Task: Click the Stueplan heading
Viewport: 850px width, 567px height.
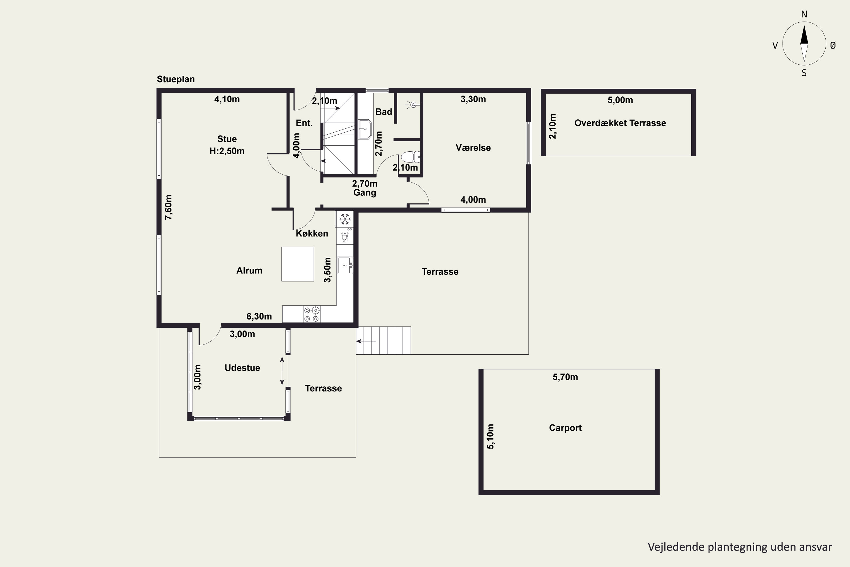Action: click(176, 79)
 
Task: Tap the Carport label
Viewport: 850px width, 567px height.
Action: click(565, 428)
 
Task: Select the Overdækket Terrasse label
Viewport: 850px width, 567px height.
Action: click(620, 123)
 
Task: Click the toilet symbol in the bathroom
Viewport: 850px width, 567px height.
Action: click(410, 157)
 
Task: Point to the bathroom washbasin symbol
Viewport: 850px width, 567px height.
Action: click(365, 129)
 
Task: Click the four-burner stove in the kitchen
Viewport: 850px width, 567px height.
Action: click(311, 314)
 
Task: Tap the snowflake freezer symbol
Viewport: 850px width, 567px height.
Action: click(345, 219)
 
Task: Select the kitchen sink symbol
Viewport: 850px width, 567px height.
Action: click(345, 265)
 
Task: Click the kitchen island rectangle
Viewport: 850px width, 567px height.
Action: click(297, 264)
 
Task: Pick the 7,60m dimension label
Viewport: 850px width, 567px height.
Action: click(168, 207)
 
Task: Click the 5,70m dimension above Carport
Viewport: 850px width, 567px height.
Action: click(565, 377)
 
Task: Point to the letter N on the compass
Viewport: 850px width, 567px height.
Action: click(804, 14)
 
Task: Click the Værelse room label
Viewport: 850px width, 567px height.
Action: click(473, 147)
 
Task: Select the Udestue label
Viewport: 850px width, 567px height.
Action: click(242, 368)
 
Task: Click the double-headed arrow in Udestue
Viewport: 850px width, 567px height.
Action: click(282, 371)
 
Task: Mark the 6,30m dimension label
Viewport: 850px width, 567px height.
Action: click(259, 316)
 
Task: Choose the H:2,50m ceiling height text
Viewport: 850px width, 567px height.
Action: click(227, 151)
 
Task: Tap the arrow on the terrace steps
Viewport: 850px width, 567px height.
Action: click(366, 341)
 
